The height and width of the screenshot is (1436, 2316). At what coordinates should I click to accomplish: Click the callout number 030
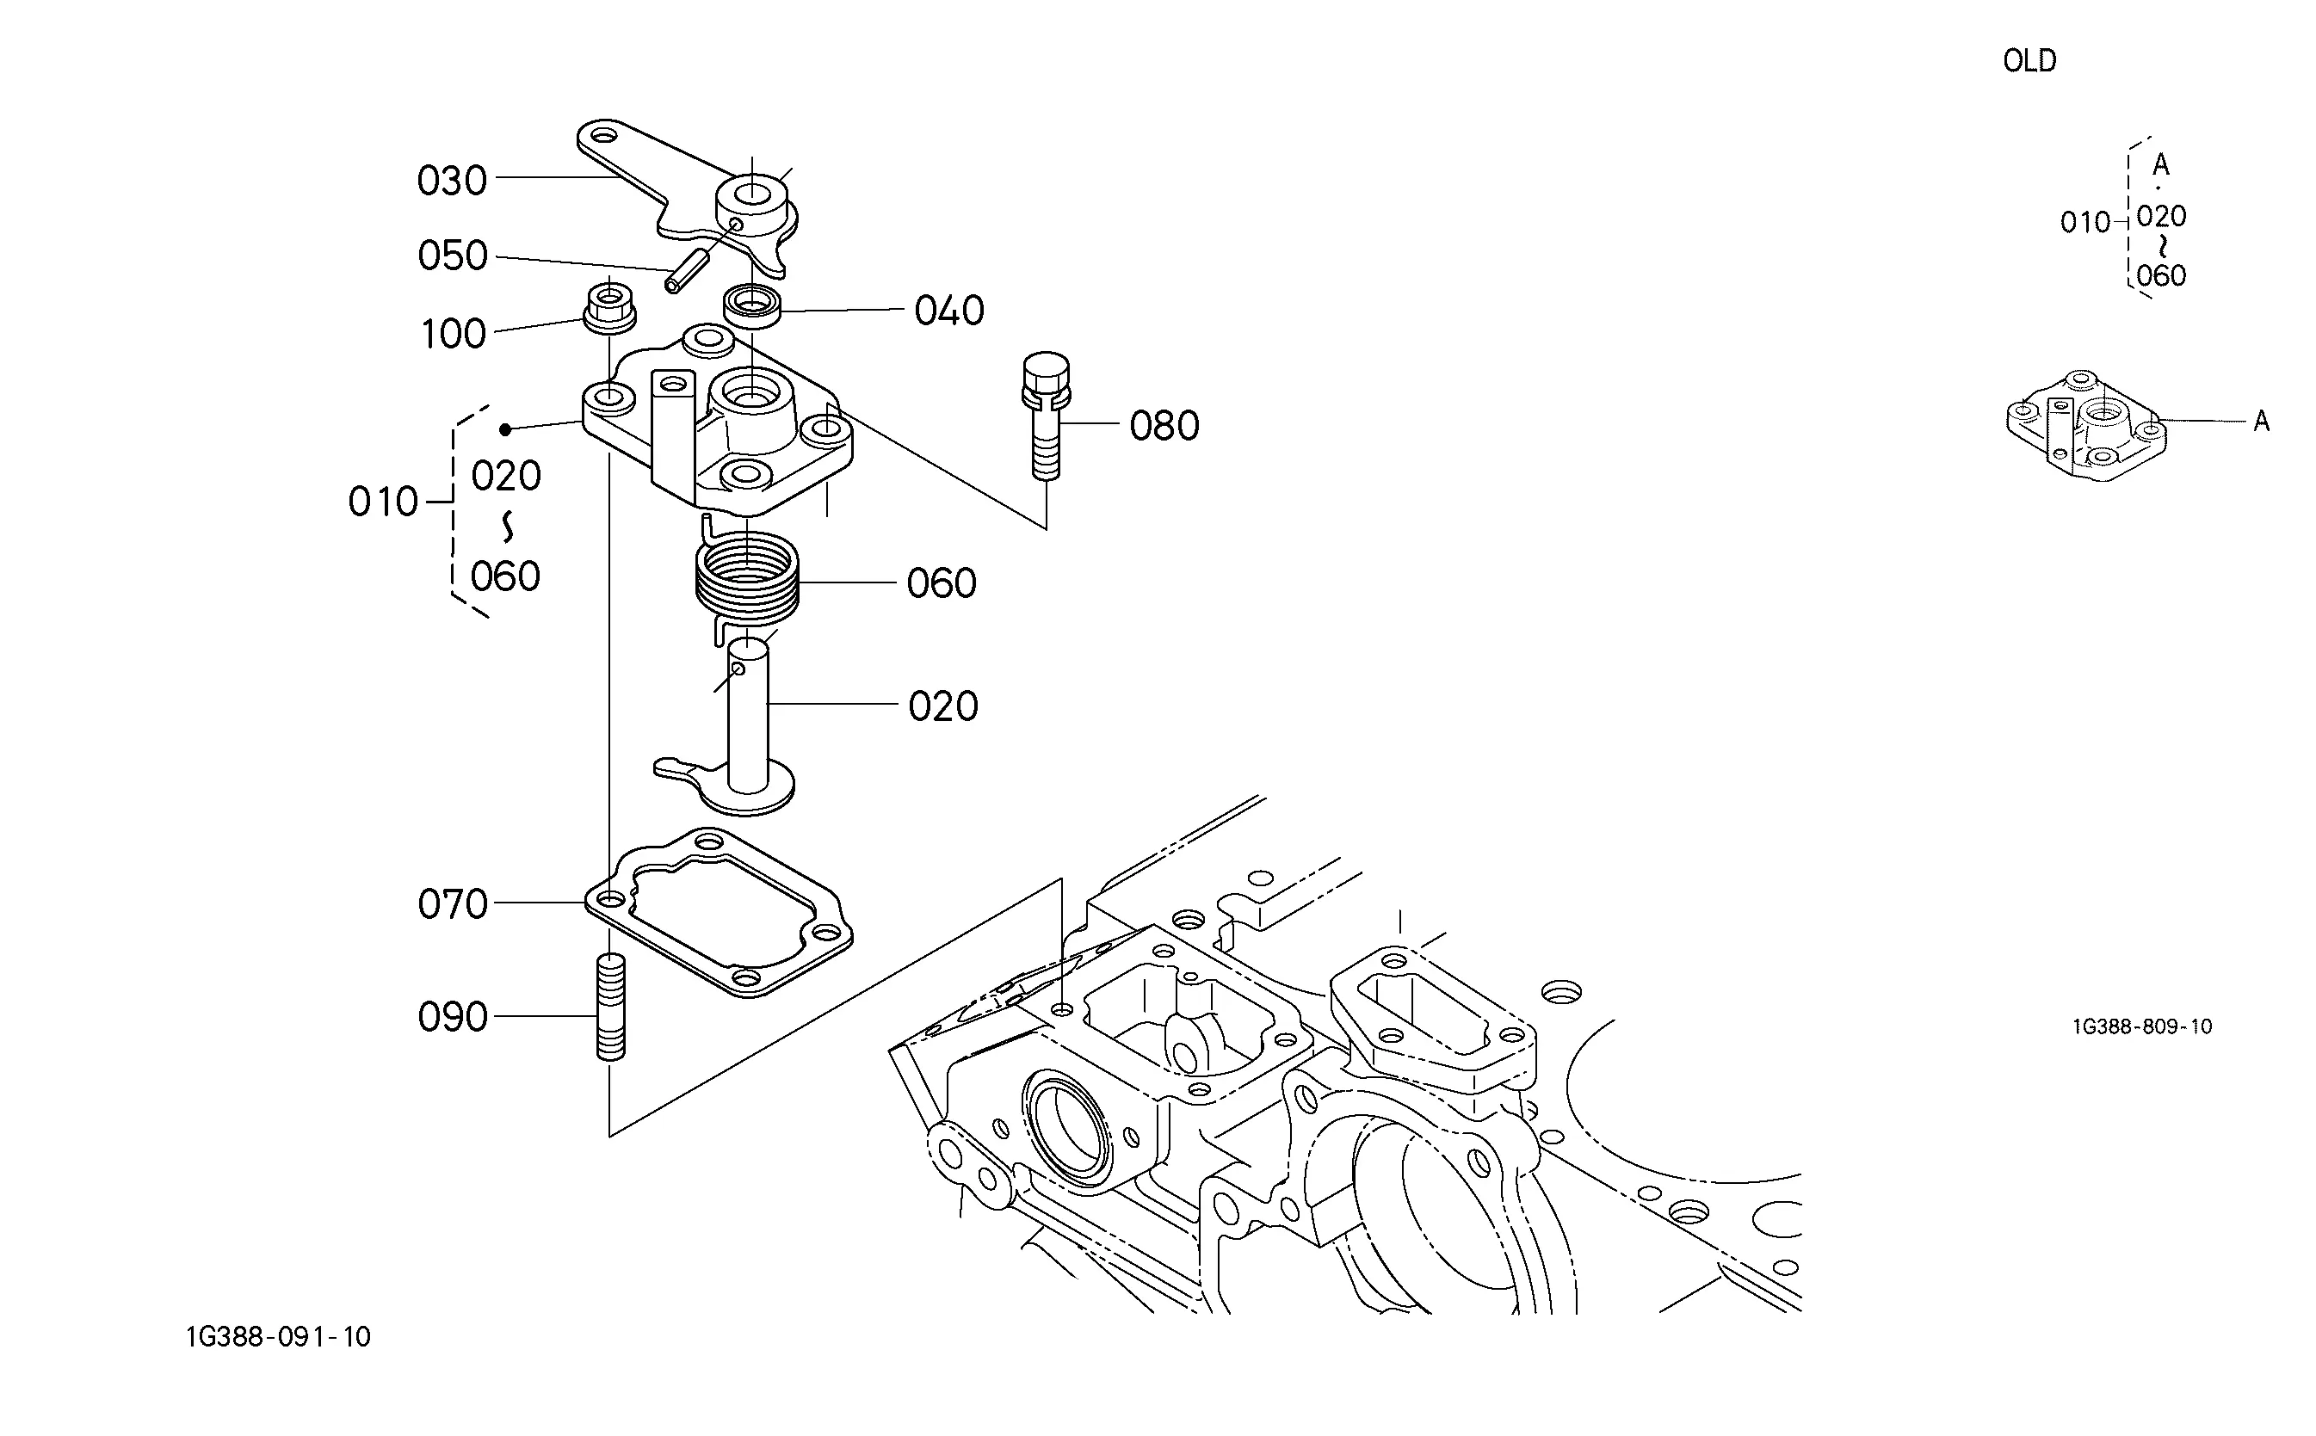coord(452,181)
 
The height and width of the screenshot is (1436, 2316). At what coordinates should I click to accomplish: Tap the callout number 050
coord(452,256)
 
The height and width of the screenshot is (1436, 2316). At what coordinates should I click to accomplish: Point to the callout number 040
coord(949,311)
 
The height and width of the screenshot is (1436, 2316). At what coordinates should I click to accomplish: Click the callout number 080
coord(1164,426)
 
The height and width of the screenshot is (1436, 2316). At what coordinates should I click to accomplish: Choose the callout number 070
coord(452,904)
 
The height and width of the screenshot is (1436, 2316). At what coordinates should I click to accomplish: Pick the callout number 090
coord(452,1017)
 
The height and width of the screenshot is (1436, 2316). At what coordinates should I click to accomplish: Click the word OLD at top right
coord(2029,61)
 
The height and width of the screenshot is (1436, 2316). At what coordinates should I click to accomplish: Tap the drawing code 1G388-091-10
coord(278,1337)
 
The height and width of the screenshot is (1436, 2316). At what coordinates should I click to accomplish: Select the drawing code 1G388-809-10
coord(2142,1026)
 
